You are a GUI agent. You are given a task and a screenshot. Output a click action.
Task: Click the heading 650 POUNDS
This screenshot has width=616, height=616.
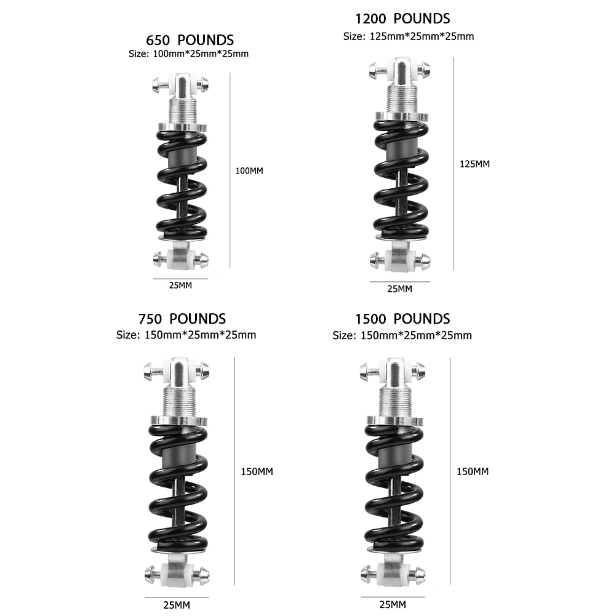click(190, 41)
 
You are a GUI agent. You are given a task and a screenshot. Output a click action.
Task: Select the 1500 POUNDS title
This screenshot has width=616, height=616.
click(402, 319)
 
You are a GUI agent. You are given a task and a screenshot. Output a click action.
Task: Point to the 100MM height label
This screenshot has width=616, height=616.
click(249, 170)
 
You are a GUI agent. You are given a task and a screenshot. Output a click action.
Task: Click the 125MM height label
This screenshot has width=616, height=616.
click(475, 164)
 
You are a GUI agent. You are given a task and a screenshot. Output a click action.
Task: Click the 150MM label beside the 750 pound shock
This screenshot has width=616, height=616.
click(257, 471)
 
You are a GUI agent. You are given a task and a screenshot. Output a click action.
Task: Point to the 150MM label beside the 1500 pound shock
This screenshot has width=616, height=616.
click(473, 471)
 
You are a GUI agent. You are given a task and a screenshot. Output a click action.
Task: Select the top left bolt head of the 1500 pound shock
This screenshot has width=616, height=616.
click(364, 371)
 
